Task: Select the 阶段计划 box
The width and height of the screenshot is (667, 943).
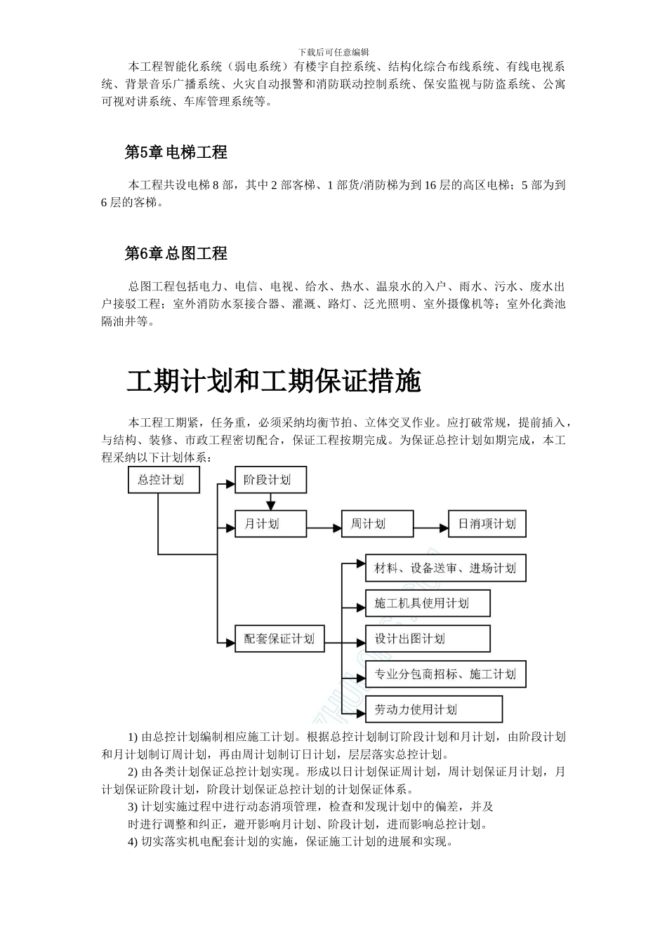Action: (x=270, y=481)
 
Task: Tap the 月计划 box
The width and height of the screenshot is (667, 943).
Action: (x=270, y=523)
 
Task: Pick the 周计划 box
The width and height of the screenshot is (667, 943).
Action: (x=377, y=523)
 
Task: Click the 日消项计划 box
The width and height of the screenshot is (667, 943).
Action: (x=487, y=523)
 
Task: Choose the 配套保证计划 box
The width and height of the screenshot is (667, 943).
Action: (x=279, y=639)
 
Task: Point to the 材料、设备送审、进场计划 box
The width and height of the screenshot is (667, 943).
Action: (x=445, y=568)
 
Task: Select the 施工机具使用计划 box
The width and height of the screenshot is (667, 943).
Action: (x=428, y=603)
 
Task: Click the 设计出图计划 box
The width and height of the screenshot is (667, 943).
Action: (x=428, y=638)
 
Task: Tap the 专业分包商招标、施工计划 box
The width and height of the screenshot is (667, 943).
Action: (x=445, y=674)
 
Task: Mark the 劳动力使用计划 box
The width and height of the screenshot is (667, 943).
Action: (x=434, y=709)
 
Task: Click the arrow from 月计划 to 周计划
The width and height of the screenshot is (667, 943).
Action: (x=324, y=524)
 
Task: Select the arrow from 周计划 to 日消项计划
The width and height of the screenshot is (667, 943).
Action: (x=431, y=524)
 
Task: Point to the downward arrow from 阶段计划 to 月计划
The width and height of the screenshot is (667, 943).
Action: (x=271, y=502)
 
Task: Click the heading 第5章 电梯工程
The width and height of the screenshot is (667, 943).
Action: (x=176, y=152)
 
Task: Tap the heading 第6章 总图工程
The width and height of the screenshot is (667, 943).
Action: (x=176, y=253)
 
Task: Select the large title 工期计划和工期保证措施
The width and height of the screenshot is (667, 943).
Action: (x=274, y=381)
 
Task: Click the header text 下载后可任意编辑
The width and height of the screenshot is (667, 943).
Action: (x=333, y=52)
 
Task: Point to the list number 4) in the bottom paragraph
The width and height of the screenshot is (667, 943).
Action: (x=133, y=841)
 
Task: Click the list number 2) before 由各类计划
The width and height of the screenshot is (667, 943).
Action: (x=133, y=772)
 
